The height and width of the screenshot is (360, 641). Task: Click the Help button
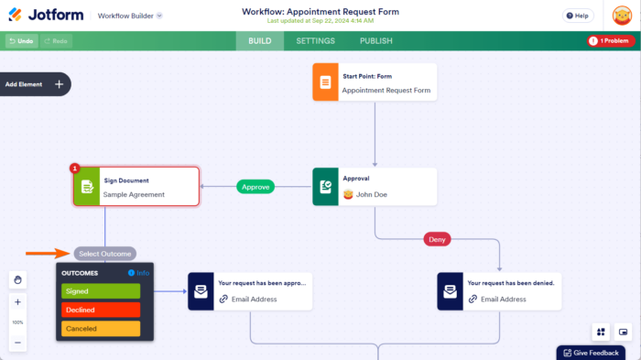pos(577,16)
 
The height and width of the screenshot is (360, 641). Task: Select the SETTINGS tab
pos(315,41)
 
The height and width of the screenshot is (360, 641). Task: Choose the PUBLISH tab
pos(375,41)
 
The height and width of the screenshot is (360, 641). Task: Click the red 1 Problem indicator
pos(611,41)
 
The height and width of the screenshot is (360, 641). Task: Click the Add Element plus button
pos(59,84)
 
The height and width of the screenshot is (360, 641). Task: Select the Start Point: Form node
pos(375,82)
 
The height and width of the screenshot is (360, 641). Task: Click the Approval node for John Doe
pos(375,187)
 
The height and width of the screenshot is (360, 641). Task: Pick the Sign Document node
pos(136,187)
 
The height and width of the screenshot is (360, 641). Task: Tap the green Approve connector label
pos(255,187)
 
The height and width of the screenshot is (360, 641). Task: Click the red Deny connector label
pos(437,239)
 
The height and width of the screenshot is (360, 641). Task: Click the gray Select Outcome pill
pos(105,254)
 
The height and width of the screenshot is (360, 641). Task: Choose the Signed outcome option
pos(101,291)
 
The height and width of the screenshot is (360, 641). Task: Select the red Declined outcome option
pos(101,310)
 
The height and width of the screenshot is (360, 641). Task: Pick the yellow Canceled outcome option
pos(101,328)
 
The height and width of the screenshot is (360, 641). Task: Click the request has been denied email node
pos(499,291)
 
